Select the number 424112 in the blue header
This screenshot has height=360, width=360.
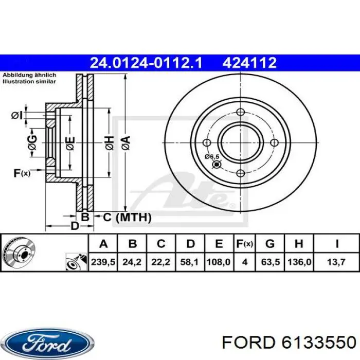(249, 63)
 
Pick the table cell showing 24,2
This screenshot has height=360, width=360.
(132, 262)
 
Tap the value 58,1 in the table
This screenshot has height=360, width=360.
(190, 262)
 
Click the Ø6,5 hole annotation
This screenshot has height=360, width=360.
(211, 156)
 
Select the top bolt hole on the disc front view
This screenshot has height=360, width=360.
(240, 112)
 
